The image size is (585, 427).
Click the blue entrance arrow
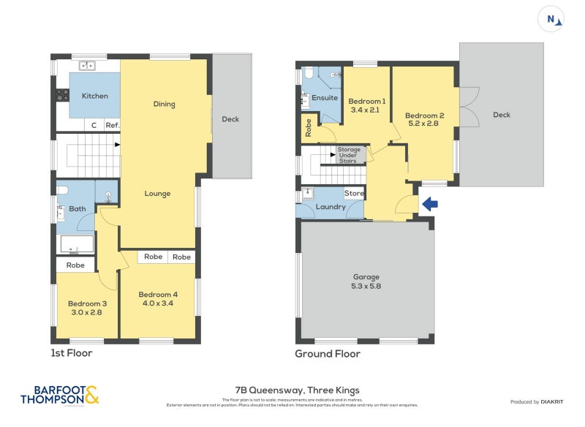click(x=430, y=205)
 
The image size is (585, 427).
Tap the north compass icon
click(x=551, y=20)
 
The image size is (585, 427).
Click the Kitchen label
click(x=95, y=97)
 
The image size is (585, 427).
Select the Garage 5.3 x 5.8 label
click(x=366, y=281)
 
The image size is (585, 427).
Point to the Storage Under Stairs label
click(x=349, y=155)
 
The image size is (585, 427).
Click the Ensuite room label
click(x=325, y=98)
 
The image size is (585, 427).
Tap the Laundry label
click(x=331, y=207)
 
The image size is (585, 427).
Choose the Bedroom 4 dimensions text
click(x=158, y=303)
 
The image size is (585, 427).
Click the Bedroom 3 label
click(x=87, y=304)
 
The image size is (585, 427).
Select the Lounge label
click(x=157, y=194)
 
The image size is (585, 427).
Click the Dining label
click(x=165, y=104)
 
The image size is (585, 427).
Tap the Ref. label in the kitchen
click(x=112, y=126)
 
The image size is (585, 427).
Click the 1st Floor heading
click(x=72, y=353)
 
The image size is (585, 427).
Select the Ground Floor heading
click(x=327, y=354)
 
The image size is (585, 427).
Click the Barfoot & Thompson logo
click(x=59, y=395)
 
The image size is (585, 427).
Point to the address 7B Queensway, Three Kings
click(x=297, y=390)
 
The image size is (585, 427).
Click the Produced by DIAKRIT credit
click(x=540, y=402)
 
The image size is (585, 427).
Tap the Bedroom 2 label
click(x=425, y=116)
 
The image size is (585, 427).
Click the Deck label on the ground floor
click(x=502, y=115)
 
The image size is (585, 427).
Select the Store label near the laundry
click(x=354, y=194)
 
